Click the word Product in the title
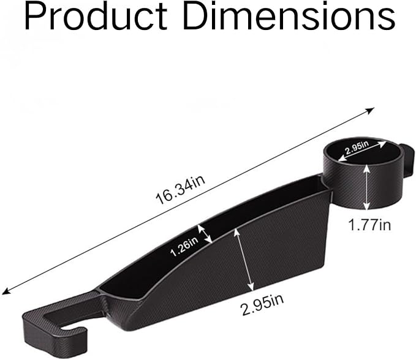click(96, 16)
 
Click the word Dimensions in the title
click(289, 16)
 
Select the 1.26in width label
click(184, 247)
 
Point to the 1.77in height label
click(369, 225)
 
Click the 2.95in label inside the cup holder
click(357, 148)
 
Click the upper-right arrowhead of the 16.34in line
click(371, 111)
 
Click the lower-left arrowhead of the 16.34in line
click(6, 291)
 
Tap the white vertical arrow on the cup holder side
click(366, 187)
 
